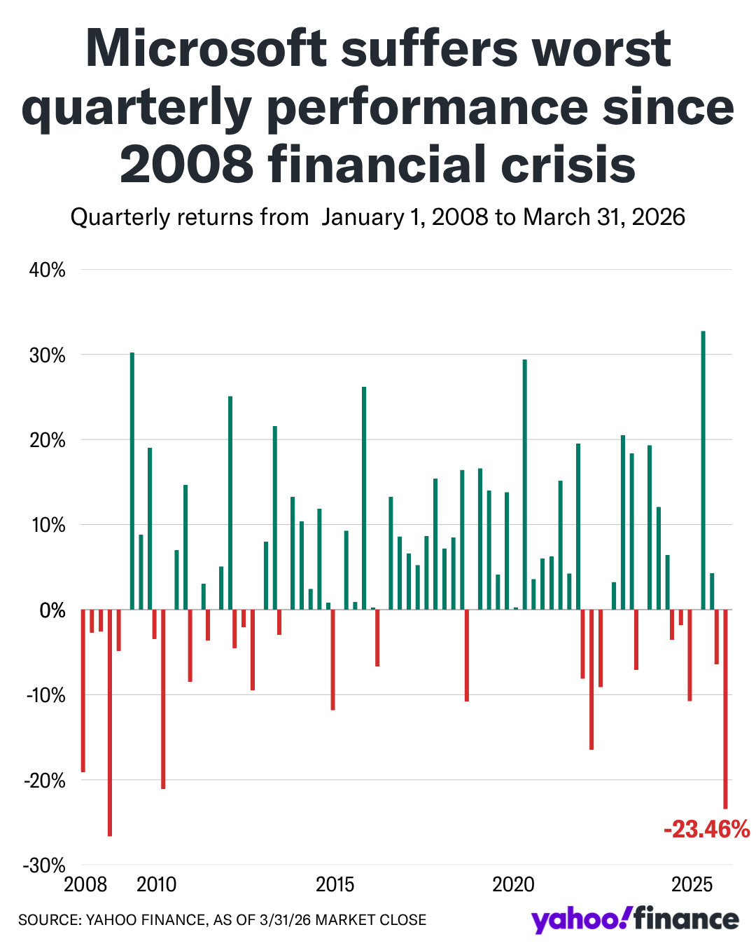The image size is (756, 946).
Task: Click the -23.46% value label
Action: coord(706,830)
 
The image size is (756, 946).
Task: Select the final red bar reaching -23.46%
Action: coord(725,709)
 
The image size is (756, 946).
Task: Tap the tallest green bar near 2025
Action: coord(703,469)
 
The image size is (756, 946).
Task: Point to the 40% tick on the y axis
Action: coord(48,270)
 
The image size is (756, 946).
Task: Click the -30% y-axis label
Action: coord(45,865)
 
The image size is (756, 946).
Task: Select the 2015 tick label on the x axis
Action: coord(335,884)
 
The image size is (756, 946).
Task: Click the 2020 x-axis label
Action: coord(513,884)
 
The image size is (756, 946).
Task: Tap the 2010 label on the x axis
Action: coord(157,884)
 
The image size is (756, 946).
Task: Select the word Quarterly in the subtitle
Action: coord(120,217)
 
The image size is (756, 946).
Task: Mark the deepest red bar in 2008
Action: coord(110,722)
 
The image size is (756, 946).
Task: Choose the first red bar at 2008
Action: coord(83,691)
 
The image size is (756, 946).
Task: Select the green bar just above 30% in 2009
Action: coord(132,481)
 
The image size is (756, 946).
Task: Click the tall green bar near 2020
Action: coord(524,484)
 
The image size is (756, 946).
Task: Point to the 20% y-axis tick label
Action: coord(48,440)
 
